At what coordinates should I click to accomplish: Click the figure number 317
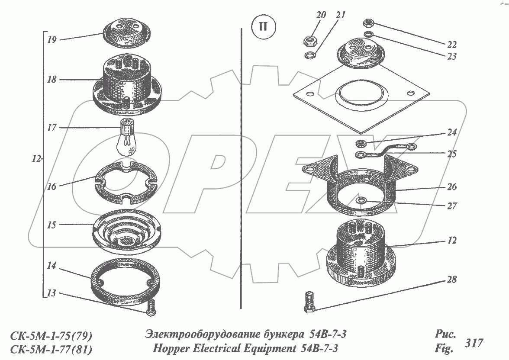[x=474, y=343]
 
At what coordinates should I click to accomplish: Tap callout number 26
[x=451, y=188]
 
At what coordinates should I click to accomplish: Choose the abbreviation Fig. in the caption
[x=444, y=348]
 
